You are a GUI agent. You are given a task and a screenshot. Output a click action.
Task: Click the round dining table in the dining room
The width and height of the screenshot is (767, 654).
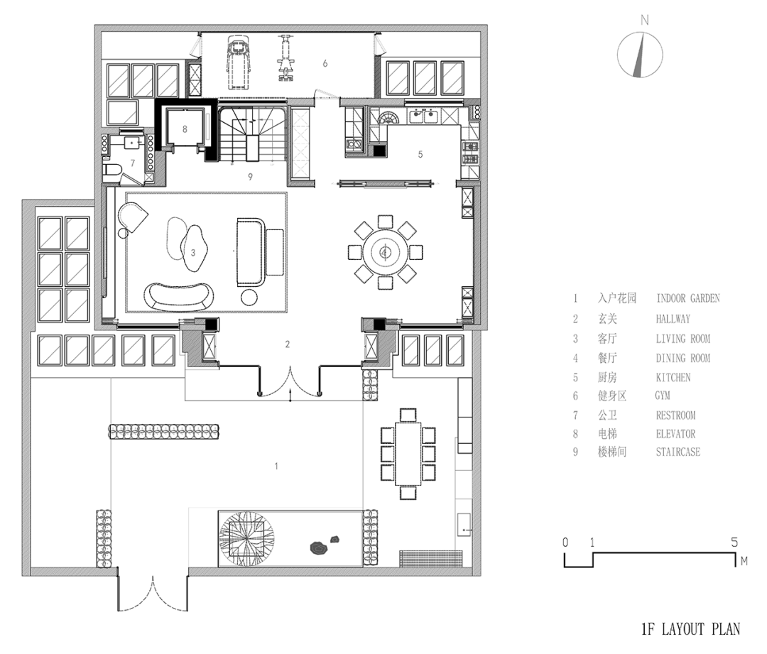384,251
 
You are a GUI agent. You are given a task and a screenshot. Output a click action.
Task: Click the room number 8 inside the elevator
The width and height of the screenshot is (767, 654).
185,129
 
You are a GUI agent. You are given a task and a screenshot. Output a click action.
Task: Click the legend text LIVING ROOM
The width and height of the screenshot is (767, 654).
682,339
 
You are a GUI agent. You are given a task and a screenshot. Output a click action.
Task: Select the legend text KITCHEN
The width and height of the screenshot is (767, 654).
673,377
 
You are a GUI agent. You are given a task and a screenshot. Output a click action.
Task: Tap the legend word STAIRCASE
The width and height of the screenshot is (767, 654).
678,452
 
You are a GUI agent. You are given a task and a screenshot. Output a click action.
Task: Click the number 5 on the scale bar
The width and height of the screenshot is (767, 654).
735,542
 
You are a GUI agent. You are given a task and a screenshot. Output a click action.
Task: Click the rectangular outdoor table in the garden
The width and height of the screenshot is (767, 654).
408,454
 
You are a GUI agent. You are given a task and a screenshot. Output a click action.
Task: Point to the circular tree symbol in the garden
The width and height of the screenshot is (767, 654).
244,538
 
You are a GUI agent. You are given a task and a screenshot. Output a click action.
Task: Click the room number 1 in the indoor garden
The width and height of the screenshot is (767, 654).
276,466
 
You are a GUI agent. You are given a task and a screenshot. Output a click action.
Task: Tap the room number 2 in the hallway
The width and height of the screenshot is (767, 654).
288,344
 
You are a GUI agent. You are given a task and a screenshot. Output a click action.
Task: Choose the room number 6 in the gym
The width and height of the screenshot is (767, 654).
325,63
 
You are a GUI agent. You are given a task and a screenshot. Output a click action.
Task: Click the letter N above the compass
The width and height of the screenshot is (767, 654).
644,21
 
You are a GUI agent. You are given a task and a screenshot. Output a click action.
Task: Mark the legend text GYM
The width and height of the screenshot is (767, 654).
663,396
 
